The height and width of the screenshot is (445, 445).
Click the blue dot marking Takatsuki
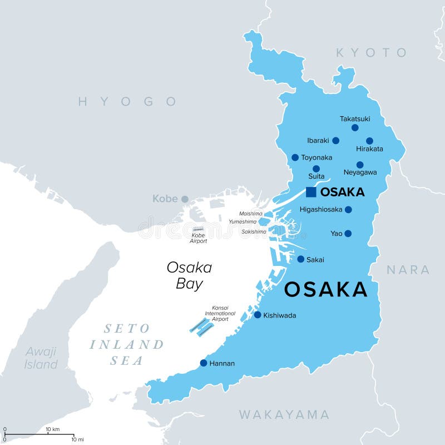click(x=355, y=127)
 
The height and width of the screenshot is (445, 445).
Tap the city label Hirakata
click(x=369, y=149)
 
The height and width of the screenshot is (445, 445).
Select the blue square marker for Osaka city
click(x=311, y=192)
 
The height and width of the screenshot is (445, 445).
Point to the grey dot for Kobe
click(x=185, y=199)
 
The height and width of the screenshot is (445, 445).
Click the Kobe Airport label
click(x=198, y=238)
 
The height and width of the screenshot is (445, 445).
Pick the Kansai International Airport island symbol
click(x=201, y=327)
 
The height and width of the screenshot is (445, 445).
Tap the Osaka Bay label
click(x=189, y=275)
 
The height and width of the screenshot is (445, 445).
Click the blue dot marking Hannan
click(x=204, y=363)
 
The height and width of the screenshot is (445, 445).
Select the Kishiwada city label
click(x=280, y=315)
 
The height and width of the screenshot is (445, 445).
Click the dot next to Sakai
click(x=300, y=259)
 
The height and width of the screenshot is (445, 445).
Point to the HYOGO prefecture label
click(x=127, y=101)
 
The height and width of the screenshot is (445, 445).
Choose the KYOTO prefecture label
click(x=371, y=53)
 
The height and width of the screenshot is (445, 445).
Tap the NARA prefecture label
click(x=408, y=270)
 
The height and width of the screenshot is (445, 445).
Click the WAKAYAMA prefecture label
click(x=284, y=414)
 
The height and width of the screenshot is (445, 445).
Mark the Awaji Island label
click(x=41, y=358)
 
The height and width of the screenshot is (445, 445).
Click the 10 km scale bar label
click(x=53, y=429)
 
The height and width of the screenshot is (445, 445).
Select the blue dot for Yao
click(x=348, y=234)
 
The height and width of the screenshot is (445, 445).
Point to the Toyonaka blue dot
click(x=295, y=157)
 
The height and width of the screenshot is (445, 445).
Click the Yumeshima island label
click(x=243, y=221)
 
